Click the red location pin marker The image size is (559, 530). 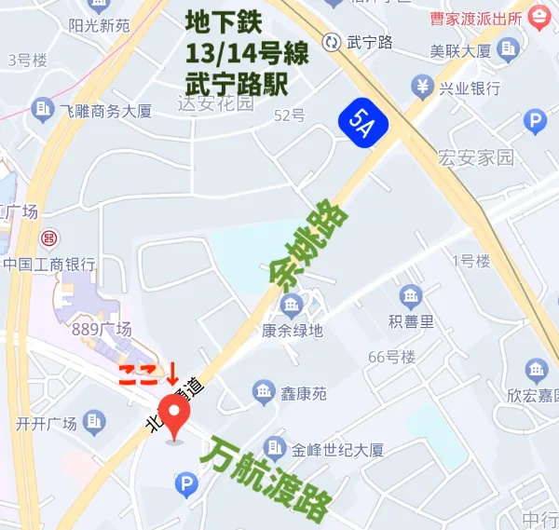tap(174, 413)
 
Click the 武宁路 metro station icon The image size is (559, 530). tap(331, 41)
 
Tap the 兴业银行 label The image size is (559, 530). tap(470, 88)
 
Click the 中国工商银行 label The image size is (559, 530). tap(49, 264)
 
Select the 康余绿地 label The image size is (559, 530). tap(292, 330)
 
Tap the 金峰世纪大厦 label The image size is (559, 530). tap(337, 450)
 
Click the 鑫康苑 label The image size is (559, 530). tap(306, 394)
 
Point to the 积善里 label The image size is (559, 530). tap(411, 322)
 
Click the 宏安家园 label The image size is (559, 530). tap(477, 157)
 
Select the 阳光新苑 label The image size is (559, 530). tap(99, 25)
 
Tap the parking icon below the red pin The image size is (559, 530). tap(186, 483)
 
